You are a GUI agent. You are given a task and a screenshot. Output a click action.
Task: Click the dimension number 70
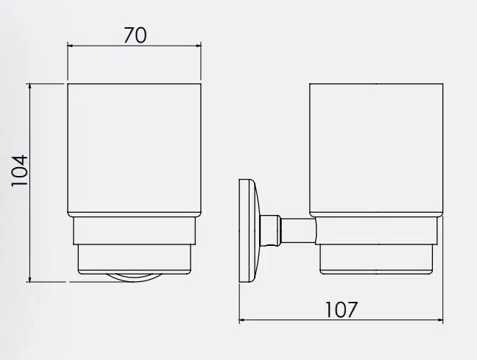point(135,35)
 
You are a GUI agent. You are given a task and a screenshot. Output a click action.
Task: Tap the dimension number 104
point(20,171)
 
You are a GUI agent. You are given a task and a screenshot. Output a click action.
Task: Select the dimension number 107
point(341,309)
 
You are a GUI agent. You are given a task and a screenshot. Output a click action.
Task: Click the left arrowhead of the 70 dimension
point(70,46)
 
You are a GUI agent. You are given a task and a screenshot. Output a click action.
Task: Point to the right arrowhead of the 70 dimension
point(198,46)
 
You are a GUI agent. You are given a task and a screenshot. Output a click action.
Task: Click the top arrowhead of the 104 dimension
point(29,86)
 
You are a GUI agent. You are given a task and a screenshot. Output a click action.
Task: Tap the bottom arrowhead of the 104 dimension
point(29,279)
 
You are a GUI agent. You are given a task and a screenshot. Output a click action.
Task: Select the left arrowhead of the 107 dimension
point(242,320)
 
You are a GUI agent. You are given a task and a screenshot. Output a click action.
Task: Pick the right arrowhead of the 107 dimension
point(440,320)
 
